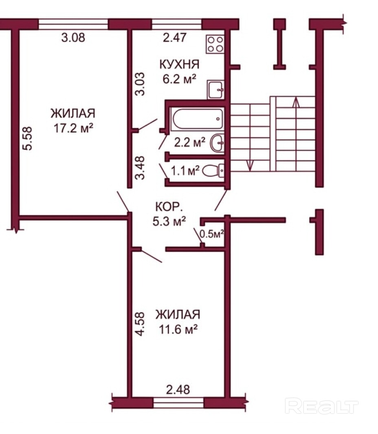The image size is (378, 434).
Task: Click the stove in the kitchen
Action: (x=215, y=44)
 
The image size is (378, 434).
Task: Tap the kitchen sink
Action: (x=215, y=90)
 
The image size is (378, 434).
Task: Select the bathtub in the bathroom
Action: (x=197, y=119)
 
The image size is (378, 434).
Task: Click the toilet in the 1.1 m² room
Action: (x=213, y=171)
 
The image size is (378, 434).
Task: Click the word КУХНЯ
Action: (x=179, y=64)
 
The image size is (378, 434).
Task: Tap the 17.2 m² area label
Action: (x=73, y=128)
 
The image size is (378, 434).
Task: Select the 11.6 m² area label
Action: (x=178, y=330)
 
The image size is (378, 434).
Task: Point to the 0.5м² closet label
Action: (x=211, y=234)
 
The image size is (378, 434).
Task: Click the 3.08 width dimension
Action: (x=73, y=38)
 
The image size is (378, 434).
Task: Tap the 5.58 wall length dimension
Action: (x=28, y=138)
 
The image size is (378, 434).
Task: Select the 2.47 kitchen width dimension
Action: (x=175, y=38)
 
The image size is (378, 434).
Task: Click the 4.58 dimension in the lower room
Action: (x=140, y=324)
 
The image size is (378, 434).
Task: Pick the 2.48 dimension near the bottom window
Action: (x=178, y=390)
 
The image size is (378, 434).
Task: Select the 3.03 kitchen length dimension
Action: (x=140, y=84)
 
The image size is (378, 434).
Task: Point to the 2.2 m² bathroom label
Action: (x=189, y=142)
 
